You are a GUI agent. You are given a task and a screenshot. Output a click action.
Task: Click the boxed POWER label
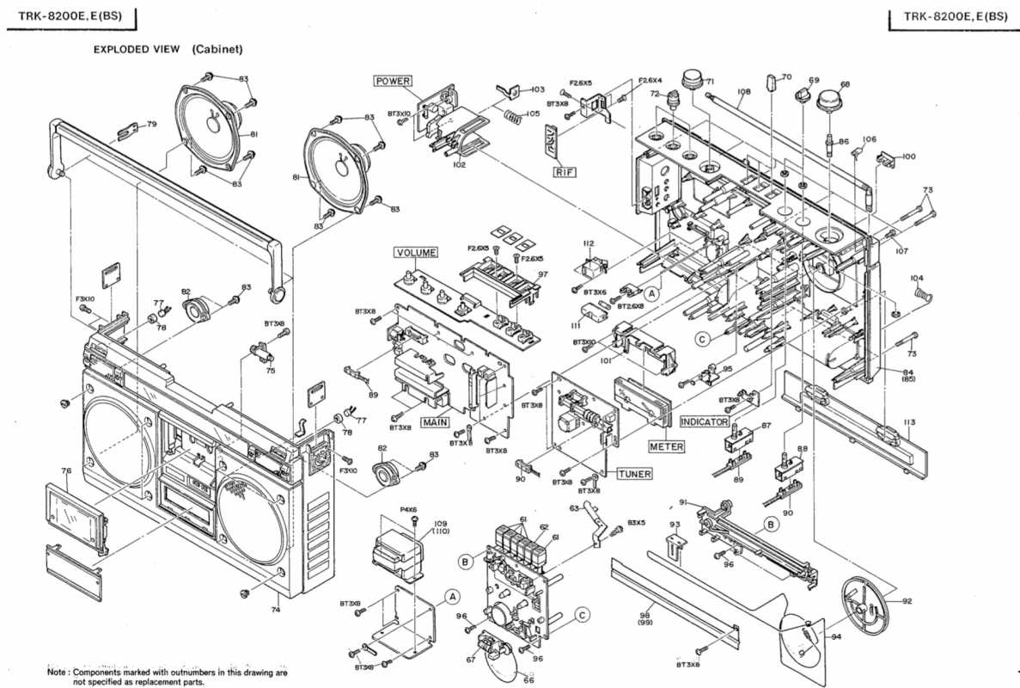pos(393,81)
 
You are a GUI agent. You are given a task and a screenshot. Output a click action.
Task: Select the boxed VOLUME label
pos(416,253)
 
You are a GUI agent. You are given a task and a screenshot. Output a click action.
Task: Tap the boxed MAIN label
pos(435,422)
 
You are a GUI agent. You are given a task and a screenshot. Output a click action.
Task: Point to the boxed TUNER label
pos(634,474)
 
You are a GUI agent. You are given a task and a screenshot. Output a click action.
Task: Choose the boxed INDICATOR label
pos(705,421)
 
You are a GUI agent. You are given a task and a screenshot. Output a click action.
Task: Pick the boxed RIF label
pos(564,172)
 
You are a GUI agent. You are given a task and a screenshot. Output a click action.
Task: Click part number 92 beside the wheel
pos(907,601)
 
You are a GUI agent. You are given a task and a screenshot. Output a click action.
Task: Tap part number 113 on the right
pos(909,422)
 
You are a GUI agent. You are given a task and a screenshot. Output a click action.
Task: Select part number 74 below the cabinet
pos(276,610)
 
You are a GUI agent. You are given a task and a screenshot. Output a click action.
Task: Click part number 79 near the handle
pos(151,125)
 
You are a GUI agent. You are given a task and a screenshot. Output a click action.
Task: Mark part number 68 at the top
pos(845,84)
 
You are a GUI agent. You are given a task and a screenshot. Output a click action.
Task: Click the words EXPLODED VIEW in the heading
pos(137,49)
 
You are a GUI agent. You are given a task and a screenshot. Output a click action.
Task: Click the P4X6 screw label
pos(408,509)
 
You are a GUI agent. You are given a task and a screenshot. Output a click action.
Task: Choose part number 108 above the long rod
pos(743,90)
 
